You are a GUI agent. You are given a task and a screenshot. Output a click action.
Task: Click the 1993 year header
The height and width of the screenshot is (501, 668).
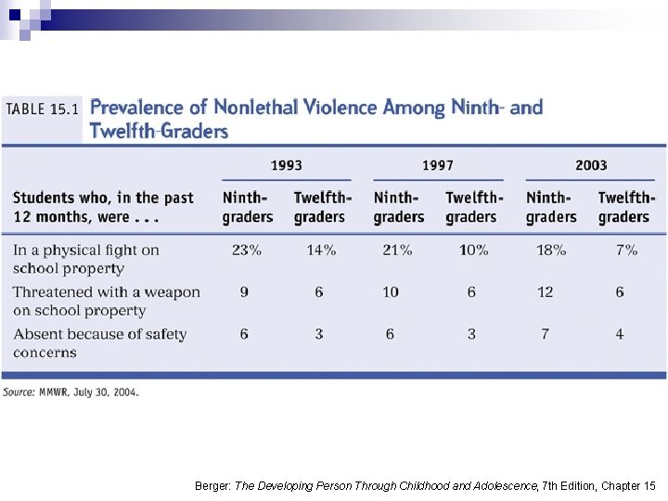coord(287,165)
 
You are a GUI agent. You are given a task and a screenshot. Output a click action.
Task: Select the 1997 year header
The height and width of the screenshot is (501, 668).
coord(438,165)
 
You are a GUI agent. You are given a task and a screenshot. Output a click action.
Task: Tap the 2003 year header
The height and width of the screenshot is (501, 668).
coord(591,165)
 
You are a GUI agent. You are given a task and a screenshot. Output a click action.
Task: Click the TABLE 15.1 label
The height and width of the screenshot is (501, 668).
coord(42,109)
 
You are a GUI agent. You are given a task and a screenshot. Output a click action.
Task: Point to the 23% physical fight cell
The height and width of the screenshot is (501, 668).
coord(247,250)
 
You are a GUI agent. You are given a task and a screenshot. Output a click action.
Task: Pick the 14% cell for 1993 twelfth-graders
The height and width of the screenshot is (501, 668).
coord(321,250)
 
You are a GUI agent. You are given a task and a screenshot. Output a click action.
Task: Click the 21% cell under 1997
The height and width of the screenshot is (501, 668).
coord(397,250)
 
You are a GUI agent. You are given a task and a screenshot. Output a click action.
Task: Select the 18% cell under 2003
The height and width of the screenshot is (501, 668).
coord(551,250)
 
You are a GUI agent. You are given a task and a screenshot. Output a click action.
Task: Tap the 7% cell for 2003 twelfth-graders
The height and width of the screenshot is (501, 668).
coord(626,250)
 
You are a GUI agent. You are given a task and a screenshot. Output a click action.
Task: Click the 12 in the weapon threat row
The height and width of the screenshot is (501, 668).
coord(545,292)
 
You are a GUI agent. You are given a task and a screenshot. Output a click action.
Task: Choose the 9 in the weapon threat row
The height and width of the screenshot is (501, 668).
coord(244,292)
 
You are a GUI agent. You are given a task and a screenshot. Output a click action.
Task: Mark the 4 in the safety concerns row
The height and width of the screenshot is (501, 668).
coord(620,334)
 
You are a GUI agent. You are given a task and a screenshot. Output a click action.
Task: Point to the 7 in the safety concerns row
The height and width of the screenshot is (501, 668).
coord(545,334)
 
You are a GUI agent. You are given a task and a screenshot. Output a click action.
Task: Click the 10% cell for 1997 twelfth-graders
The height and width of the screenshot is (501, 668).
coord(474,250)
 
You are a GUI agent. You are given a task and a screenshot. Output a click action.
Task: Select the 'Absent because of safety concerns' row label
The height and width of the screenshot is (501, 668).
coord(99,343)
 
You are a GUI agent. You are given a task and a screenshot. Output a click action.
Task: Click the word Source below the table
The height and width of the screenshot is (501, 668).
coord(19,392)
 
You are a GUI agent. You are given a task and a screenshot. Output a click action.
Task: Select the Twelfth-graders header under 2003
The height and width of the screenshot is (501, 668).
coord(626,208)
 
